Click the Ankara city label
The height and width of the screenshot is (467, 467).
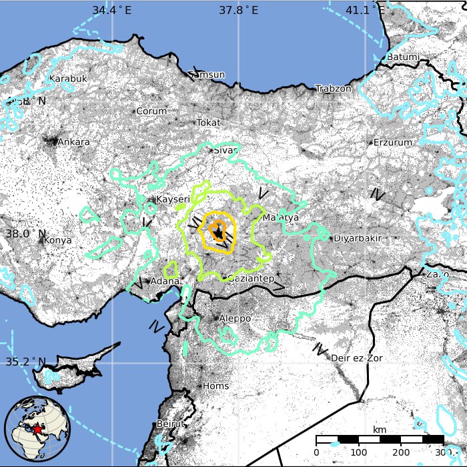73,142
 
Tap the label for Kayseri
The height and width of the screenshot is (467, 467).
173,199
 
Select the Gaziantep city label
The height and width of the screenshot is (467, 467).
251,278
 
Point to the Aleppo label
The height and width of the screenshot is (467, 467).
235,318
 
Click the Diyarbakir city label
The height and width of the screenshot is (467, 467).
357,238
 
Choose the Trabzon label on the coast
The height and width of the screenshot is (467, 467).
333,89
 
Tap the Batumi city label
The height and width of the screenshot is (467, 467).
403,57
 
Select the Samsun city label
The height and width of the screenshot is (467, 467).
207,75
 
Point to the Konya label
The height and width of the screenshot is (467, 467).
57,240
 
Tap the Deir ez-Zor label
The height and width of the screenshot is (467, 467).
356,358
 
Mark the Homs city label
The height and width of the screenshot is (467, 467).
215,386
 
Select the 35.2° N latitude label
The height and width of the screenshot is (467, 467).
26,362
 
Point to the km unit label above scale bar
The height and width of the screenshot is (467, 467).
380,429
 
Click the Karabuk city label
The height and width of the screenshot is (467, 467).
69,79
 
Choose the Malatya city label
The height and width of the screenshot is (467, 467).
281,217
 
